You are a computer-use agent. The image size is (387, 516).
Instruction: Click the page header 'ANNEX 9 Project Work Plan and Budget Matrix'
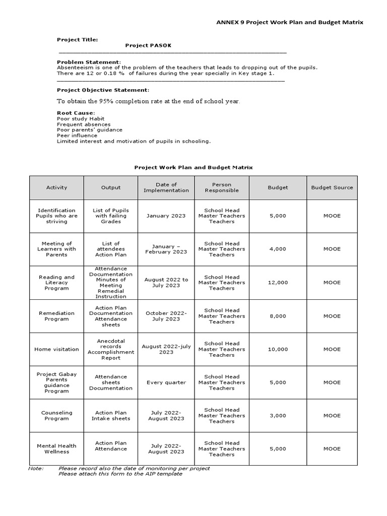289,22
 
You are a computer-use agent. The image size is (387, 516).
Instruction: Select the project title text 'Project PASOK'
148,45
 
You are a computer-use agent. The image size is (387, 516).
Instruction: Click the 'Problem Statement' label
89,61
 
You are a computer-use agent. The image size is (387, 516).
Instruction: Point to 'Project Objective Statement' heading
103,90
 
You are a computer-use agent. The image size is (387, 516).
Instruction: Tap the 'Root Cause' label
76,113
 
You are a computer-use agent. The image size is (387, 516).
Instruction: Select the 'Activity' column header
56,187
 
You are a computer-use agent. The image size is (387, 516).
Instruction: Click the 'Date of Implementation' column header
166,187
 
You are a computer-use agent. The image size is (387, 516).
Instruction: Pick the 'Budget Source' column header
332,187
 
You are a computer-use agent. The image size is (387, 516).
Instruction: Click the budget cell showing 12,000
278,283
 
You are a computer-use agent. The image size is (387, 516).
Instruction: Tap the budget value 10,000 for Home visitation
278,349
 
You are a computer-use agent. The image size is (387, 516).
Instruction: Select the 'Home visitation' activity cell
56,349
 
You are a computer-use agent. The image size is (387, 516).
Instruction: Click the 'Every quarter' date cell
166,382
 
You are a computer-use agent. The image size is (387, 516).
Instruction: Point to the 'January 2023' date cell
166,216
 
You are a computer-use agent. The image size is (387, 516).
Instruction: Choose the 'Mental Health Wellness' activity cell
56,448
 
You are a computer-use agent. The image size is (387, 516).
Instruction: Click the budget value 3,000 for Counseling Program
278,416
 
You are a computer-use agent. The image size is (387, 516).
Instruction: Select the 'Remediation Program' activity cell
56,316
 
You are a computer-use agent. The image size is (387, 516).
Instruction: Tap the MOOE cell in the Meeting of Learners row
332,249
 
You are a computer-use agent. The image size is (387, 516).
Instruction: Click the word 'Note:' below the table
36,468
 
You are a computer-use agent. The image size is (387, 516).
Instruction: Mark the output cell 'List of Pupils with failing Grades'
111,216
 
